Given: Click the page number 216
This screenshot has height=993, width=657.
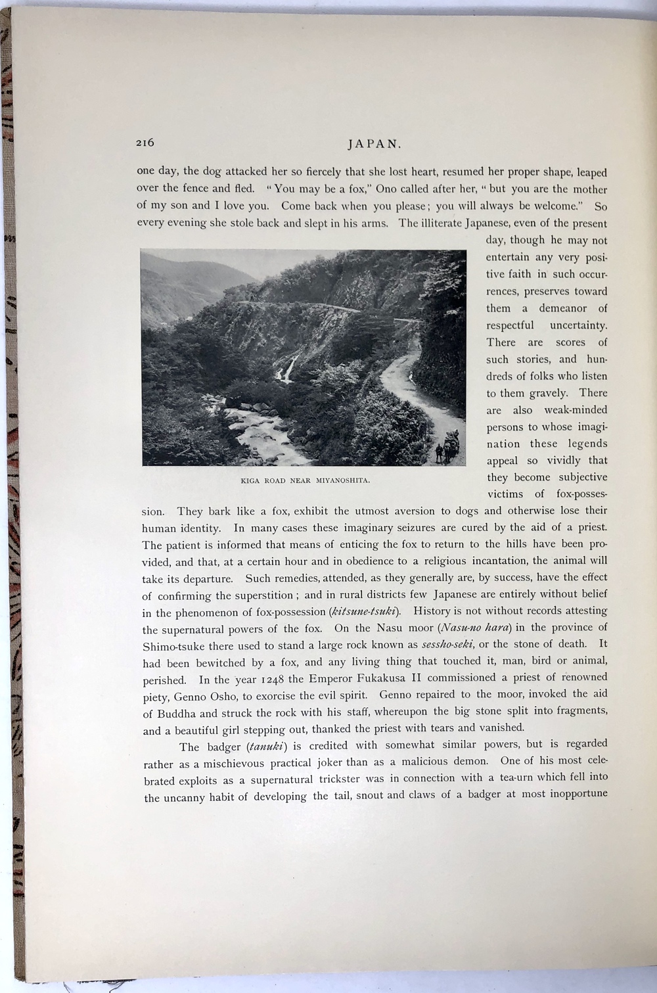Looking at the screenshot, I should pyautogui.click(x=145, y=143).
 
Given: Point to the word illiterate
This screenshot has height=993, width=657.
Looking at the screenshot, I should pyautogui.click(x=440, y=223).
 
